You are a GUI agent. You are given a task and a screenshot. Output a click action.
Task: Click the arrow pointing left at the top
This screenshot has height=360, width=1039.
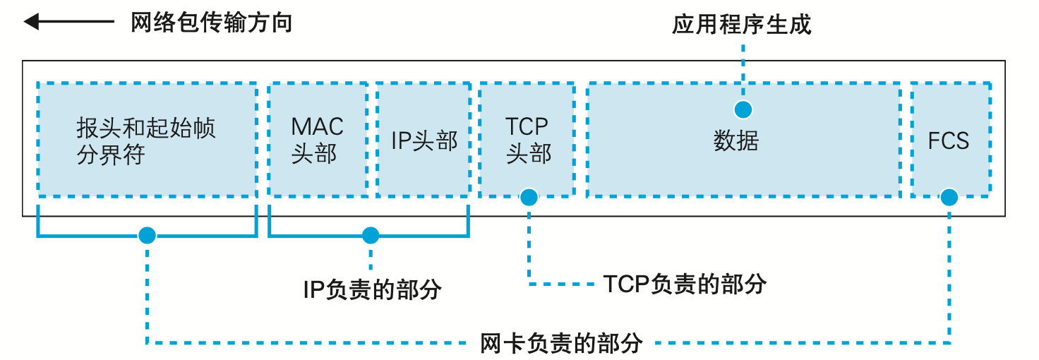pyautogui.click(x=68, y=23)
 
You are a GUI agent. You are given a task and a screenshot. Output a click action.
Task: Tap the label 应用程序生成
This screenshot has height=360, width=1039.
pyautogui.click(x=741, y=25)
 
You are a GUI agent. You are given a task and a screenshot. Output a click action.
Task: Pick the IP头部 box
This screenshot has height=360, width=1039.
pyautogui.click(x=424, y=140)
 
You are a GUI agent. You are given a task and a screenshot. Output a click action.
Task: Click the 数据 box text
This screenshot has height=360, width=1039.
pyautogui.click(x=735, y=141)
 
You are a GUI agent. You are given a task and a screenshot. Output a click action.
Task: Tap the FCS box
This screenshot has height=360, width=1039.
pyautogui.click(x=949, y=140)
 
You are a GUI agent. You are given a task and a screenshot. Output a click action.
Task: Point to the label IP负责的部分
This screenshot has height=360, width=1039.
pyautogui.click(x=372, y=289)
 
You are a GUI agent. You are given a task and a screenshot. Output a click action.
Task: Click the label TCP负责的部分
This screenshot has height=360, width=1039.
pyautogui.click(x=685, y=284)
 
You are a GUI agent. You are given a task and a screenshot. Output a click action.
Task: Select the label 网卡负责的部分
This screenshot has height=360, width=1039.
pyautogui.click(x=561, y=343)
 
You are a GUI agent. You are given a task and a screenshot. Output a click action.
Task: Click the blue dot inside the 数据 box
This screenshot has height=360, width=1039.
pyautogui.click(x=743, y=109)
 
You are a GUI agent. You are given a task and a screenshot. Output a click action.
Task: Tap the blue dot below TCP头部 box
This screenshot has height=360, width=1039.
pyautogui.click(x=529, y=197)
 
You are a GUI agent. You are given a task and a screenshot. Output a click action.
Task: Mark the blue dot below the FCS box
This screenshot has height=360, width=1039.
pyautogui.click(x=949, y=197)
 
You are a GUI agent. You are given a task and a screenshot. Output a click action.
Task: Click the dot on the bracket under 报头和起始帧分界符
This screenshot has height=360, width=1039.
pyautogui.click(x=147, y=235)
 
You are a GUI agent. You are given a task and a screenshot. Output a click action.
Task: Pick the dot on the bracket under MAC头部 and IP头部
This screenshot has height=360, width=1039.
pyautogui.click(x=370, y=235)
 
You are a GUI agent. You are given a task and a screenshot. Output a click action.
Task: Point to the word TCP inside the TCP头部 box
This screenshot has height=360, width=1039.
pyautogui.click(x=527, y=127)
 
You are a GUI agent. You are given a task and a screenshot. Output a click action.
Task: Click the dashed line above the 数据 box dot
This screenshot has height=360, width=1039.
pyautogui.click(x=743, y=71)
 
